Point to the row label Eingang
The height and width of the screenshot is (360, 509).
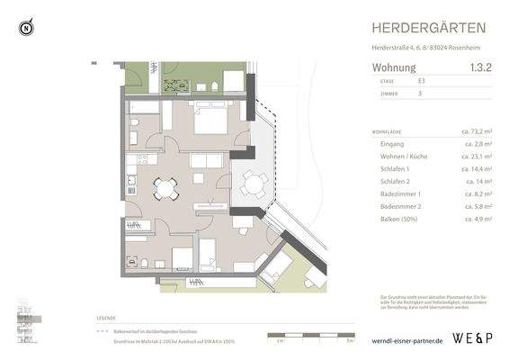click(393, 143)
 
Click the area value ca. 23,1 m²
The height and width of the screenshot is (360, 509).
click(477, 156)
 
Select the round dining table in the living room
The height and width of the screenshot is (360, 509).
click(165, 187)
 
